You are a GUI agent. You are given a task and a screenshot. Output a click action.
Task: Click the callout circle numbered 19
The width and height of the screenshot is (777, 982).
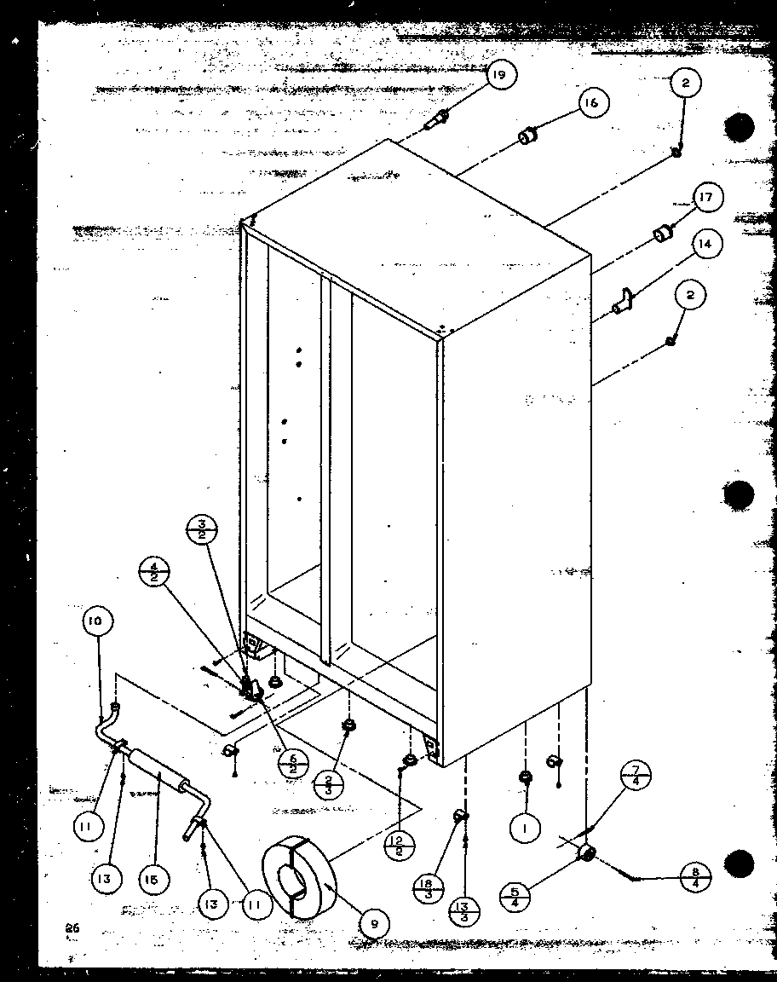tap(499, 76)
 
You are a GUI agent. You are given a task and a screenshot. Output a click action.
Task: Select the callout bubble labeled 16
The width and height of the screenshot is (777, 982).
tap(590, 103)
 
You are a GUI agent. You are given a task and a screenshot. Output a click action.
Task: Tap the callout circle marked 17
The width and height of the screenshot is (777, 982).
tap(705, 199)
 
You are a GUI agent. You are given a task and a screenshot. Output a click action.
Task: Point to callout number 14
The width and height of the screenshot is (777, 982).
tap(704, 245)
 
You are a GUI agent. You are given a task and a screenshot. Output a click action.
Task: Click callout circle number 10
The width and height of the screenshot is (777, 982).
tap(96, 622)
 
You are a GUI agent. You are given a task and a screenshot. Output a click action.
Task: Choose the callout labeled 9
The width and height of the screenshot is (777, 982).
tap(374, 922)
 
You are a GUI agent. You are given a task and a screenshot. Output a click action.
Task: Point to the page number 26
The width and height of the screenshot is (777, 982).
tap(70, 928)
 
